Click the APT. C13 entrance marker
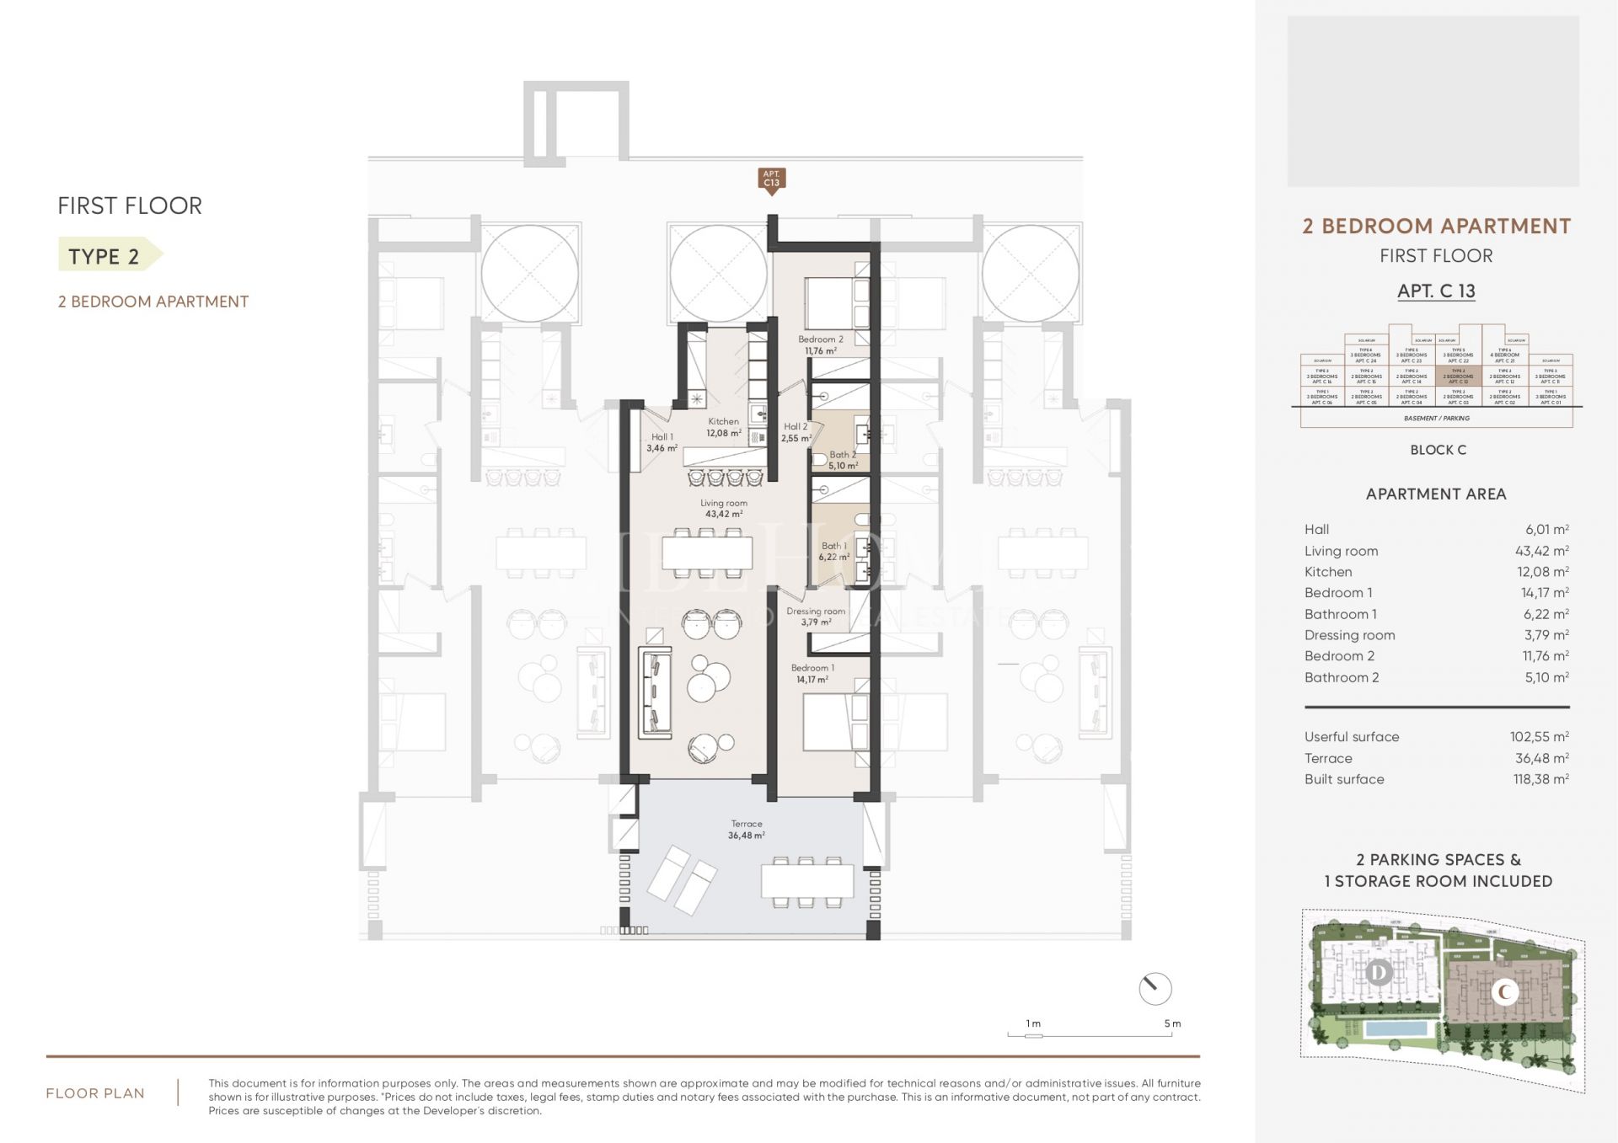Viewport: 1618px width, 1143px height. click(771, 180)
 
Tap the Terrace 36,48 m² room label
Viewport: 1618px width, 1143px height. click(746, 830)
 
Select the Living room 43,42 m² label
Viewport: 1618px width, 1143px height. click(723, 508)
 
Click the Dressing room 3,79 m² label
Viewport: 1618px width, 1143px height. click(815, 617)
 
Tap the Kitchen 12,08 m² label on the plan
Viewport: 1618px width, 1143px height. click(723, 427)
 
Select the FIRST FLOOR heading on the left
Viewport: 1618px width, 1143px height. click(129, 206)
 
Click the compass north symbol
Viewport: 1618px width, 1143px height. click(1155, 988)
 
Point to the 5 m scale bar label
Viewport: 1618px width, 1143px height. click(1172, 1023)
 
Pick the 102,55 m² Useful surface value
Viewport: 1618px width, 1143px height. click(1539, 736)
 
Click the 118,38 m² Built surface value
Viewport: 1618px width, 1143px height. click(1540, 779)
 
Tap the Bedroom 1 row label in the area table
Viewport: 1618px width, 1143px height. click(1338, 592)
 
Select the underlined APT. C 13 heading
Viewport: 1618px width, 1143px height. click(1436, 291)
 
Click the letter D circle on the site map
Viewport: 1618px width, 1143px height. click(1379, 974)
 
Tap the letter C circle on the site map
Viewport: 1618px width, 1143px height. click(1504, 992)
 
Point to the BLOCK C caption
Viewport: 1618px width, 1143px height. click(1438, 450)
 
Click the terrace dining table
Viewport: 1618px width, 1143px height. click(806, 881)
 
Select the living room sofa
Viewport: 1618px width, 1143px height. click(656, 693)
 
